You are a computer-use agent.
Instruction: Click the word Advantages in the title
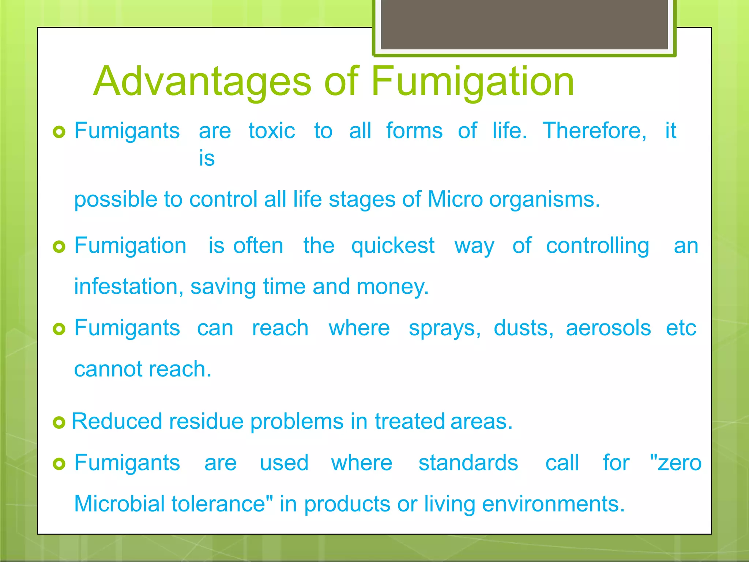203,82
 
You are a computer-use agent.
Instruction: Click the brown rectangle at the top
524,24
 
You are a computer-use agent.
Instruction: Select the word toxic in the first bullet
272,131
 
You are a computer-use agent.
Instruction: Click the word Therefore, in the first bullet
595,131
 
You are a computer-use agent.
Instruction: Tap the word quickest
393,246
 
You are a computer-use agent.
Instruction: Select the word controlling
598,246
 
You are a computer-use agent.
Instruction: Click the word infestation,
129,286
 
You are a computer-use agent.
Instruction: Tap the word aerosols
608,328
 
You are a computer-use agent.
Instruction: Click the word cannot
108,369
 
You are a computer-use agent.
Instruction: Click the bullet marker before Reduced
59,423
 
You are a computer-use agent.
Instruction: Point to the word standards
468,463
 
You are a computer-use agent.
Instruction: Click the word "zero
675,463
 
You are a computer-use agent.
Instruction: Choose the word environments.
553,504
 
